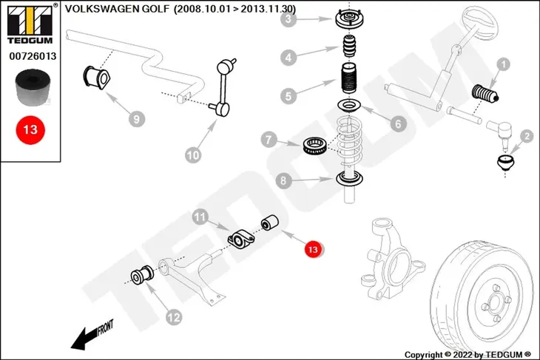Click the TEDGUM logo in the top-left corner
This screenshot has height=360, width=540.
30,24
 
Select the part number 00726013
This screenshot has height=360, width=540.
33,56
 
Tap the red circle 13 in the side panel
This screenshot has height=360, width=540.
30,130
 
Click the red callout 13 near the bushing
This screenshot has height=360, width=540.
313,249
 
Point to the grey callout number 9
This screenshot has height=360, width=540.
137,119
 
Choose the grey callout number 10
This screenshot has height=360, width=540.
193,155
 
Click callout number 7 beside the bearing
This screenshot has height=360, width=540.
269,140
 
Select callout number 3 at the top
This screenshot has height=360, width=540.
288,19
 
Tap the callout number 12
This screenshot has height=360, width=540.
174,317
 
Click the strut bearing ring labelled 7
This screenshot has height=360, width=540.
314,146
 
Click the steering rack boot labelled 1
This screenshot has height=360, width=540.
485,93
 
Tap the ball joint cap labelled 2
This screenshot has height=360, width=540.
505,163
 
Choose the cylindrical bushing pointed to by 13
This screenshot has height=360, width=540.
270,223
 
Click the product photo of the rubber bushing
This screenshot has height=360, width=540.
33,87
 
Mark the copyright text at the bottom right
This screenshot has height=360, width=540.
468,355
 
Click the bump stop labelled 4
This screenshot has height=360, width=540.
350,46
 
